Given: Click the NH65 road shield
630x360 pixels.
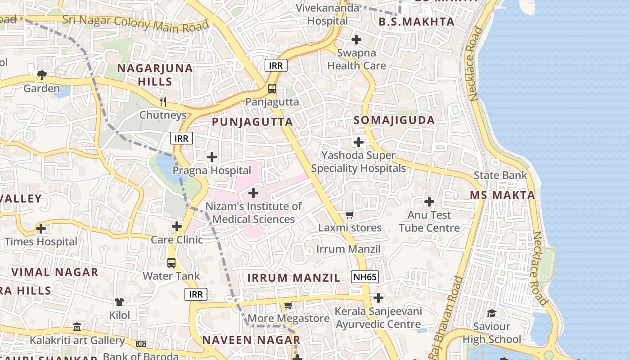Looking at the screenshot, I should pos(365,277).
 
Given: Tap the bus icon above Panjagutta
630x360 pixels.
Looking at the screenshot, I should pos(272,88).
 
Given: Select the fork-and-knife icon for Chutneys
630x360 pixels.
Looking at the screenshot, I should pos(163,102).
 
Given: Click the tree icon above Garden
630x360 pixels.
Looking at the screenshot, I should pos(42,75).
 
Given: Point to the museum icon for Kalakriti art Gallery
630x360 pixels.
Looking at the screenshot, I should pos(77,327).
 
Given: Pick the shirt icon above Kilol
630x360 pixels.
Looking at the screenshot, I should pos(119,301).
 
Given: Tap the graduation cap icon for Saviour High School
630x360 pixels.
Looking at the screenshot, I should pos(492,313).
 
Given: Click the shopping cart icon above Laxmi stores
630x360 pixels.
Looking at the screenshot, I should pos(350,215).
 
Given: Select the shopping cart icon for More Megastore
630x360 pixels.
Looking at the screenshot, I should pos(288,305).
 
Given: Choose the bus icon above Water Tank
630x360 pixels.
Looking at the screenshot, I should pos(171,262).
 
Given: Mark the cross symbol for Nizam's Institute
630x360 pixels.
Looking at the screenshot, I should pos(253,193).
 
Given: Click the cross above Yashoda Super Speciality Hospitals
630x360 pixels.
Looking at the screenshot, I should pos(359,142).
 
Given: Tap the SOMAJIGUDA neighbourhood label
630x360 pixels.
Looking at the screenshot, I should pos(394,120).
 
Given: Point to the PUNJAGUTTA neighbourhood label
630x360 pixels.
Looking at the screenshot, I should pos(252,122).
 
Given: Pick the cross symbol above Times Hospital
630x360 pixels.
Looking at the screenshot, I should pos(41,229).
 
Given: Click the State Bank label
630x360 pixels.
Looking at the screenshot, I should pos(500,175).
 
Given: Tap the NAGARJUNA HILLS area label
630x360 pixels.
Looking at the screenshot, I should pos(155,75).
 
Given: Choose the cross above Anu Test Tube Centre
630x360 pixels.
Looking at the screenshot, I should pos(429,201).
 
